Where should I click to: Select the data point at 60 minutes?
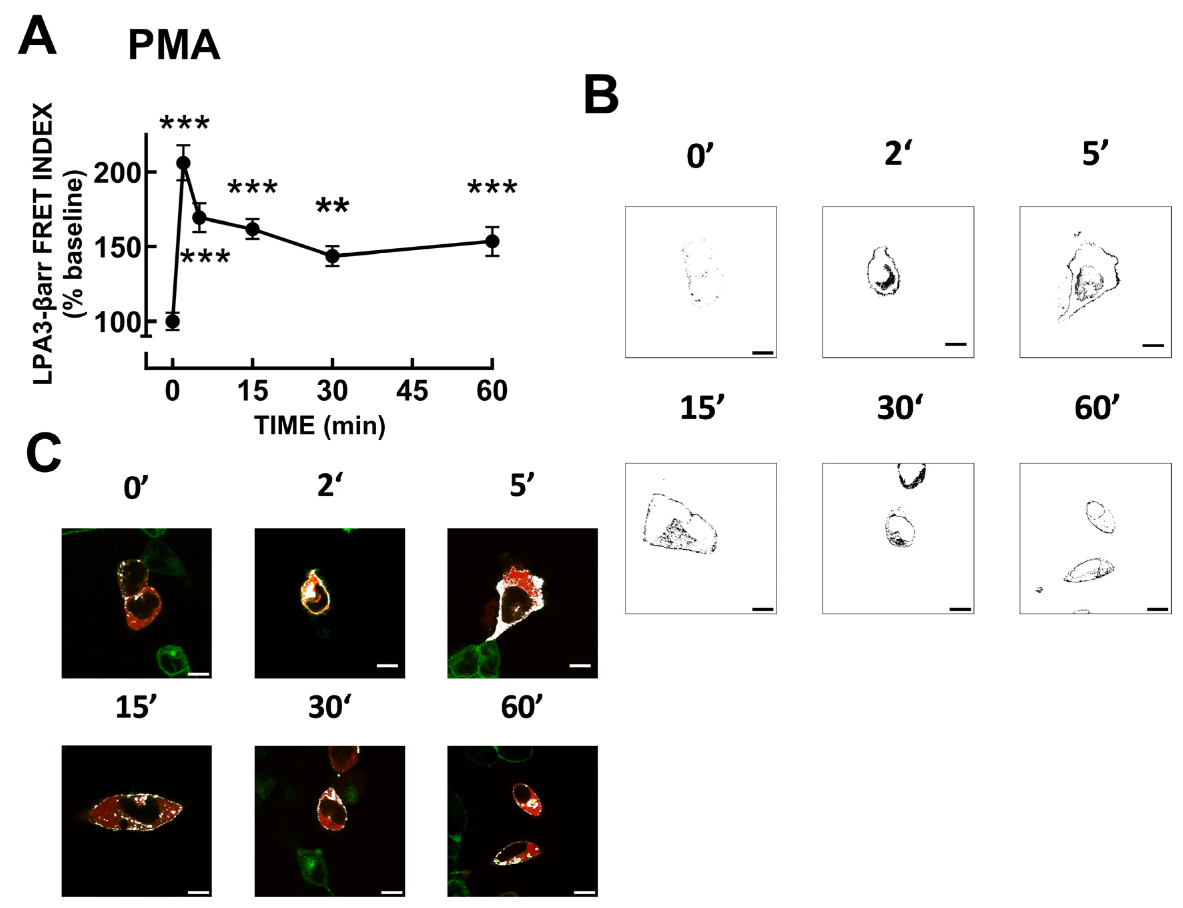coord(492,241)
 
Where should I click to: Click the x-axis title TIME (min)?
coord(319,426)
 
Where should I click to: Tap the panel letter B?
coord(601,96)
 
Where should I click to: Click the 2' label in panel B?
coord(897,155)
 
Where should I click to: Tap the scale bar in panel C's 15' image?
coord(199,892)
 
